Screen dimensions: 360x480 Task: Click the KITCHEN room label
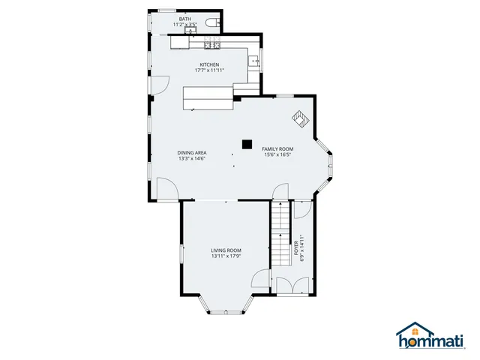(x=209, y=64)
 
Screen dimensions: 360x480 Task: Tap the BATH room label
(x=184, y=18)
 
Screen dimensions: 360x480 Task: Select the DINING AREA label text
(x=192, y=152)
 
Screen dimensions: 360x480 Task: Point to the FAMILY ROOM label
(x=277, y=148)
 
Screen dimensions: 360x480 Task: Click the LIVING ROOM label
(x=226, y=250)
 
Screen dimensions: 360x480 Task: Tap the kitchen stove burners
(x=212, y=40)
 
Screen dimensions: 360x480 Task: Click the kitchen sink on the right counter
(x=255, y=61)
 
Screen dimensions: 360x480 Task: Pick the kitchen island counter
(x=208, y=97)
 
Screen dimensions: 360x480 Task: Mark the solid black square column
(x=246, y=142)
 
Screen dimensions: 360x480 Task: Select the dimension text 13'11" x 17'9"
(x=226, y=256)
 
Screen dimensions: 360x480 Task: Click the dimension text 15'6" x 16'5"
(x=277, y=155)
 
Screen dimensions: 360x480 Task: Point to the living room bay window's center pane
(x=226, y=311)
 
